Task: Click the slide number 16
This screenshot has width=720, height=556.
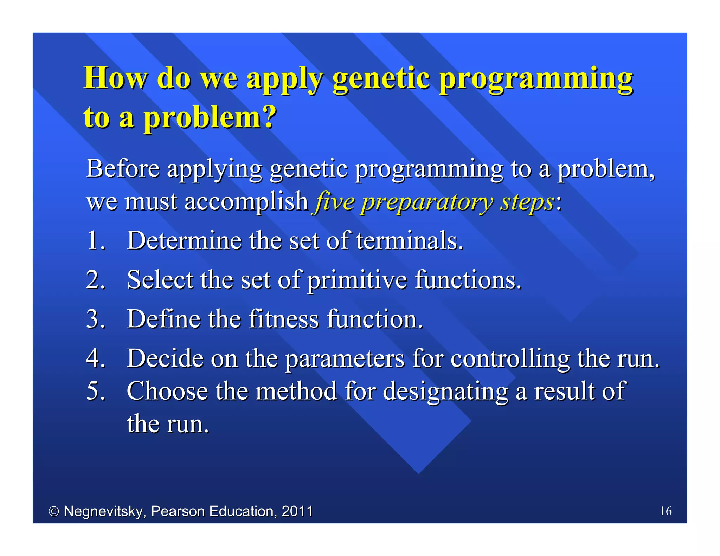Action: coord(666,511)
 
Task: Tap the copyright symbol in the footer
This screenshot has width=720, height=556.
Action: coord(54,511)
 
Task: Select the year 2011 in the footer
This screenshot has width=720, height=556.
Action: coord(297,511)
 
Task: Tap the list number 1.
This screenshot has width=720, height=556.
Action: coord(95,241)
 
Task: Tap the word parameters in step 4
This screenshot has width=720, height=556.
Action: coord(345,359)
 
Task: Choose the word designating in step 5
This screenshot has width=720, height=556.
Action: coord(445,392)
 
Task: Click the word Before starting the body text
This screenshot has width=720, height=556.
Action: coord(123,169)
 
